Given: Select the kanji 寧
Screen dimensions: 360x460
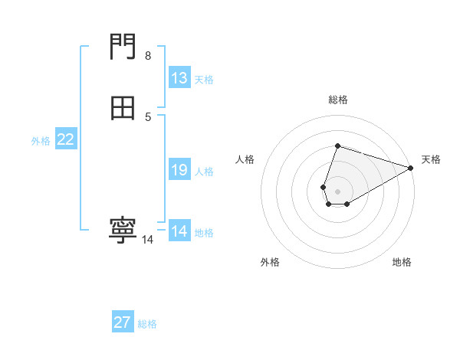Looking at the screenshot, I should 123,230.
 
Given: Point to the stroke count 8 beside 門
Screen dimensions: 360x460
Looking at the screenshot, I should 147,56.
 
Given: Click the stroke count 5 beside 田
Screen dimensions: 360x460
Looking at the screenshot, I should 148,116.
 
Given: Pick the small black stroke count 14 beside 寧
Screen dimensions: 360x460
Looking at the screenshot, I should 147,240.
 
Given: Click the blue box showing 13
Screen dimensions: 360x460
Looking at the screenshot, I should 179,78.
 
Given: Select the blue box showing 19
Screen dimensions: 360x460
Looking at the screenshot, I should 179,170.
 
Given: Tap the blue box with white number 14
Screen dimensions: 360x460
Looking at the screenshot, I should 179,231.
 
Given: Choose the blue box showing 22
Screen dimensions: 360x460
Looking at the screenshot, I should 65,139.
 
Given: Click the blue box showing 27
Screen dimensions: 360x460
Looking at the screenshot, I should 123,322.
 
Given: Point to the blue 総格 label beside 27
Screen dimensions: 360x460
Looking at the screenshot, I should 147,324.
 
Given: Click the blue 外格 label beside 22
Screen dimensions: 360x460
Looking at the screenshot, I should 41,141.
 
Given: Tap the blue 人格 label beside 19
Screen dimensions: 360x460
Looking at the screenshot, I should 204,172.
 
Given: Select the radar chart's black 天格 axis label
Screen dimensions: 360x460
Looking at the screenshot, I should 431,159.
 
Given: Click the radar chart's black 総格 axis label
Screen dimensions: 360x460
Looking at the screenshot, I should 338,100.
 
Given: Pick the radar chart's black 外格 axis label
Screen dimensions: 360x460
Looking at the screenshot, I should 270,262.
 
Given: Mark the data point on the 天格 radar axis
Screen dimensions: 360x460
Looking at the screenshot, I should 411,168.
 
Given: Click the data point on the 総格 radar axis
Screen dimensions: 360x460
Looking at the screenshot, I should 337,146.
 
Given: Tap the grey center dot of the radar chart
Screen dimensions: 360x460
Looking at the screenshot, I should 337,191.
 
